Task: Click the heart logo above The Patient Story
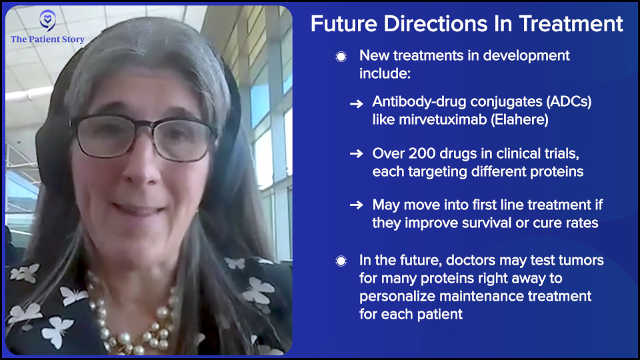[48, 20]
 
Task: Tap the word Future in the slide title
[344, 24]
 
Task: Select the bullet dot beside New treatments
[341, 56]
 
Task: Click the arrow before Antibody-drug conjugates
[356, 104]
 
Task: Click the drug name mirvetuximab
[443, 119]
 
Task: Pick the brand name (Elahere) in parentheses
[519, 119]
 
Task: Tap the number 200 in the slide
[423, 153]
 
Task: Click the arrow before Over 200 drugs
[356, 153]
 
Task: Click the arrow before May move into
[356, 205]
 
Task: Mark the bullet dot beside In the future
[341, 261]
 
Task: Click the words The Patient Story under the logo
[48, 39]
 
